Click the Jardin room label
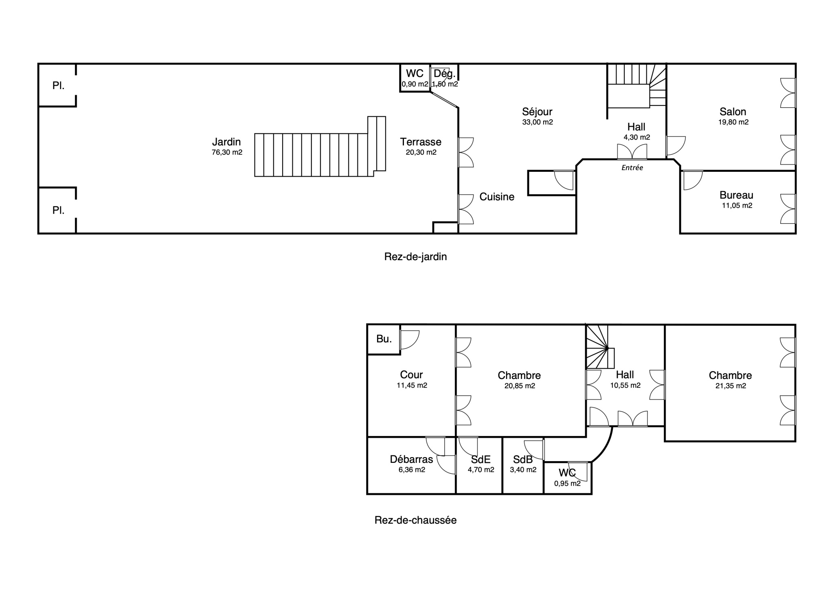coord(226,142)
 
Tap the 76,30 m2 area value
coord(227,153)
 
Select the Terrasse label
coord(421,142)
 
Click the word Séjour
coord(537,112)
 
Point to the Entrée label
coord(632,168)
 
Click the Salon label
coord(733,112)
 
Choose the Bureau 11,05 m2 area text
coord(737,206)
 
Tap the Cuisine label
coord(497,197)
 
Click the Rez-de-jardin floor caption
coord(415,257)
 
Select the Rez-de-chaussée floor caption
coord(415,520)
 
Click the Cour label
coord(411,375)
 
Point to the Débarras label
coord(411,460)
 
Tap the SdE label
coord(481,460)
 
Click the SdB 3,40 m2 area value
coord(523,470)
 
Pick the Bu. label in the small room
coord(384,339)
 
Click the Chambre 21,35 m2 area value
coord(731,386)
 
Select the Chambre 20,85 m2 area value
coord(520,386)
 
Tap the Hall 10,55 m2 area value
coord(625,385)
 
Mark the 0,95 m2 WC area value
coord(567,484)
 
